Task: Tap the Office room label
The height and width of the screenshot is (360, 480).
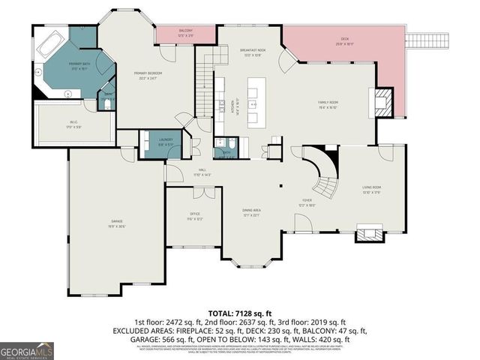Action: [x=194, y=218]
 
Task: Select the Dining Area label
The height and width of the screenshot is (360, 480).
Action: [x=251, y=211]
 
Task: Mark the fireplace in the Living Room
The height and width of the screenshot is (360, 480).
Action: [x=367, y=234]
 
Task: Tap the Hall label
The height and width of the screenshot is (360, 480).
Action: [x=202, y=172]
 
